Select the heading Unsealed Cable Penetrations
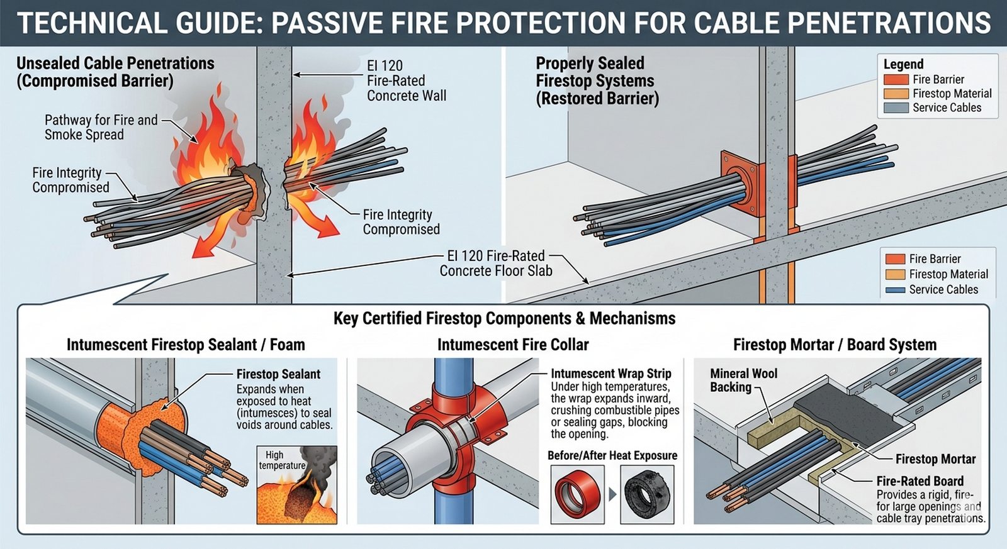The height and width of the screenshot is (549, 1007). tap(115, 64)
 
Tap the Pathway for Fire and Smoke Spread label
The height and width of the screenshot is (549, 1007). tap(101, 127)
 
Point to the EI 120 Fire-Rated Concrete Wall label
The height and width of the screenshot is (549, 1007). tap(406, 80)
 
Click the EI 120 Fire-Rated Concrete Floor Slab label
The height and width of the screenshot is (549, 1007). tap(495, 263)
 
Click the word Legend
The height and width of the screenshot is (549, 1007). tap(903, 64)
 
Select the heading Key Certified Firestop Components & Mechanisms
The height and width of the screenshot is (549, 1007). tap(504, 318)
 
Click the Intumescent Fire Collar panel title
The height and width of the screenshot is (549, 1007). tap(513, 345)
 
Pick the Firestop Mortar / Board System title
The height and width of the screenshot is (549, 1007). tap(835, 345)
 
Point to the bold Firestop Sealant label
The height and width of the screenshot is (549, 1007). tap(278, 374)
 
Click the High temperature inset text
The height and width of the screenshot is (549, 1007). tap(281, 460)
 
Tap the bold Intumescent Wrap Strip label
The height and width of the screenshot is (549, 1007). tap(610, 374)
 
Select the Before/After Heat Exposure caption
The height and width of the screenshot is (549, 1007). tap(612, 455)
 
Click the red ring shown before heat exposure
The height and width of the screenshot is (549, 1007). tap(577, 494)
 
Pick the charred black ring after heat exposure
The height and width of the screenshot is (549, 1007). tap(647, 494)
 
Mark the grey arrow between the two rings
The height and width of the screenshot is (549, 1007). tap(612, 494)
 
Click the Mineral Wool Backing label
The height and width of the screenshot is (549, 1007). tap(743, 380)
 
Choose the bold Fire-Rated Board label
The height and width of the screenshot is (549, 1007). tap(920, 481)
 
